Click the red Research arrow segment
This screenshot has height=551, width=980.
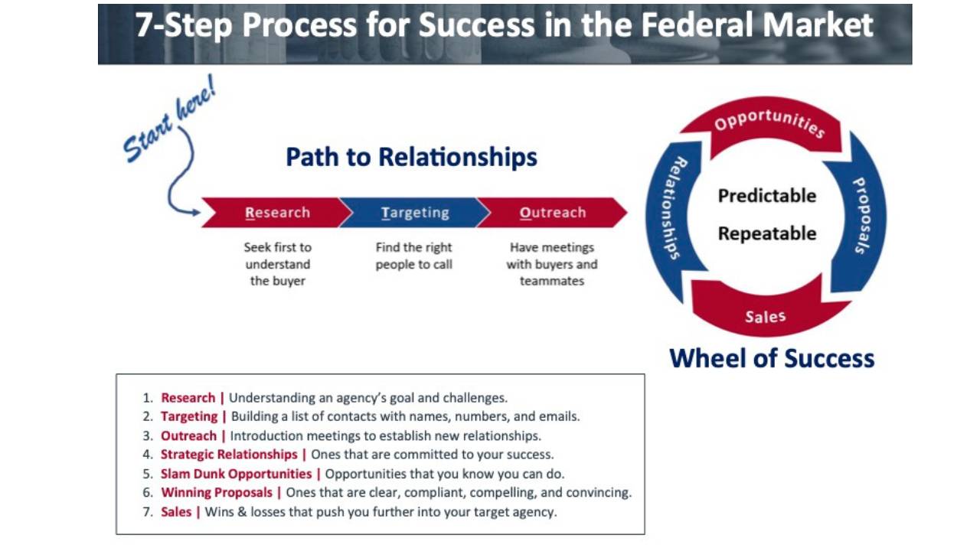point(277,213)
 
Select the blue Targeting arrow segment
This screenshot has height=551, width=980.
point(415,213)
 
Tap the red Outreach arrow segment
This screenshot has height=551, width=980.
point(552,213)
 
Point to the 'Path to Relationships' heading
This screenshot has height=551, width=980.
point(411,157)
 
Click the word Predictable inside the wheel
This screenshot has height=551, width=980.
point(766,196)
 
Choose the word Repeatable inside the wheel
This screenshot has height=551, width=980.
point(766,233)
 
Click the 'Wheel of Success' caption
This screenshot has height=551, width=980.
point(772,358)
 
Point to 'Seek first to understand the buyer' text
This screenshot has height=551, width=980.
point(277,264)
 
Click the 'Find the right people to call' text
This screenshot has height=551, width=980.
point(414,256)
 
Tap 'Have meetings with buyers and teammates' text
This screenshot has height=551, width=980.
point(552,264)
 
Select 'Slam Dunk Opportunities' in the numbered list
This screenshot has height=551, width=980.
point(236,474)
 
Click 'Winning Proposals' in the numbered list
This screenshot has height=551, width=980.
point(217,493)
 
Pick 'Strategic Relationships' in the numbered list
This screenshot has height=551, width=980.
point(229,455)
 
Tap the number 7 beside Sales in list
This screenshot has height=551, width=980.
point(147,512)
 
